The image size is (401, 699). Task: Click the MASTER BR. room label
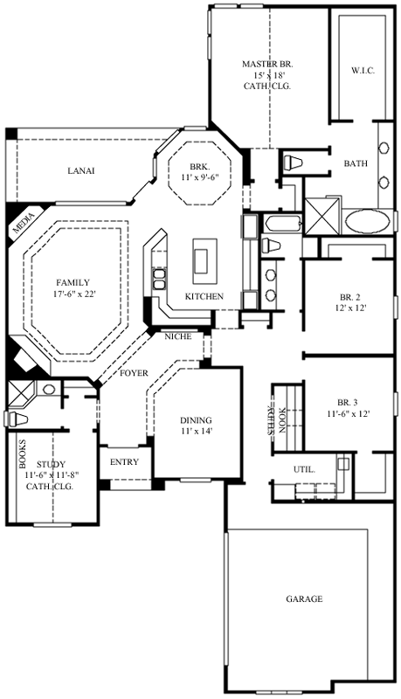pos(267,65)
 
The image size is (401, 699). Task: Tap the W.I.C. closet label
pos(363,69)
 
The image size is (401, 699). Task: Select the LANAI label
pos(80,170)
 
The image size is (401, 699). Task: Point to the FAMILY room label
pos(73,283)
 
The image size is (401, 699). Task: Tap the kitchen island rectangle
pos(202,260)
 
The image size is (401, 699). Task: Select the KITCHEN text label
pos(204,297)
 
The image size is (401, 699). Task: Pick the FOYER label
pos(134,373)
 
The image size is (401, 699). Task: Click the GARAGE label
pos(304,599)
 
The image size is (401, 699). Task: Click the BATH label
pos(356,163)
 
